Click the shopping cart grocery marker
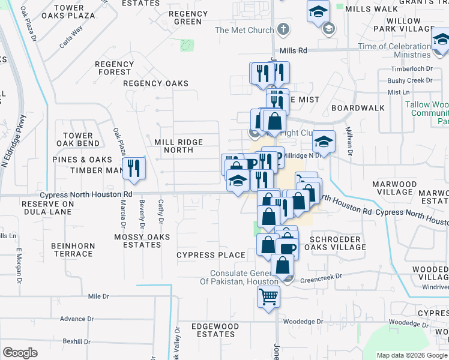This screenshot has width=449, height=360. [268, 295]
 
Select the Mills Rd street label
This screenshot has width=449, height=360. [293, 52]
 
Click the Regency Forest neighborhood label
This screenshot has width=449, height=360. [114, 68]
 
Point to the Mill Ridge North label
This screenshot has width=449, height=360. [178, 146]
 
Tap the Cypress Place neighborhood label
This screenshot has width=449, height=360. [211, 255]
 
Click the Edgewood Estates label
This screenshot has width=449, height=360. [214, 330]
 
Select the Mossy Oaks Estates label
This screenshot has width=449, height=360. [137, 241]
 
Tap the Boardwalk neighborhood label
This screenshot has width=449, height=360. [357, 108]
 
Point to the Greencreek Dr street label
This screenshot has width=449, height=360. [320, 278]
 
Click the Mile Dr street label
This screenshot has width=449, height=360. [98, 296]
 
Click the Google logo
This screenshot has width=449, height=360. [20, 353]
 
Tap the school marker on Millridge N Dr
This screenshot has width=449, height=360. [324, 142]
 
